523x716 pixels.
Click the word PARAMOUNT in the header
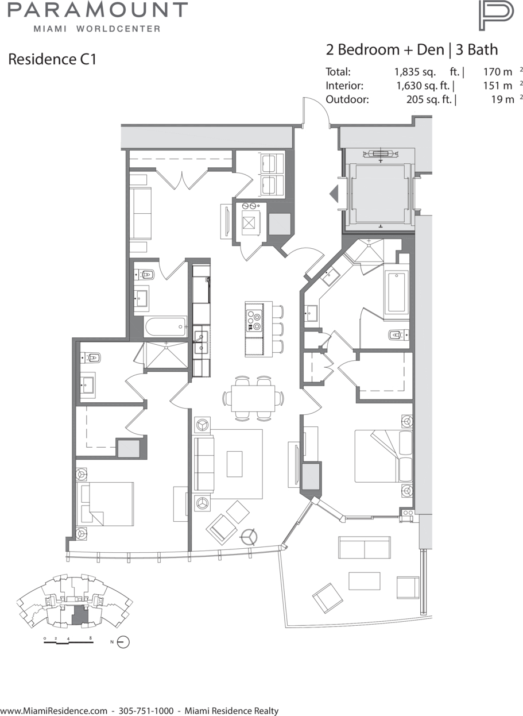click(x=98, y=10)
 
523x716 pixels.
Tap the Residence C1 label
click(x=52, y=59)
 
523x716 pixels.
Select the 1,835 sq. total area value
click(x=415, y=72)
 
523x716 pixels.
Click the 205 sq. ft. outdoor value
click(x=429, y=99)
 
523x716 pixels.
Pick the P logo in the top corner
click(x=496, y=16)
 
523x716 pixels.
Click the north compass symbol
click(x=123, y=642)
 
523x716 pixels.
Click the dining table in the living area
click(x=253, y=398)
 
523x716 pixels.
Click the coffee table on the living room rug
click(x=234, y=464)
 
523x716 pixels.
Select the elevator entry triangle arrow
click(x=334, y=194)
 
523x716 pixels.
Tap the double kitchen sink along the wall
click(x=201, y=342)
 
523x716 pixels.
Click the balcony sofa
click(x=365, y=548)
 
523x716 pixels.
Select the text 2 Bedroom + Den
click(x=385, y=49)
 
